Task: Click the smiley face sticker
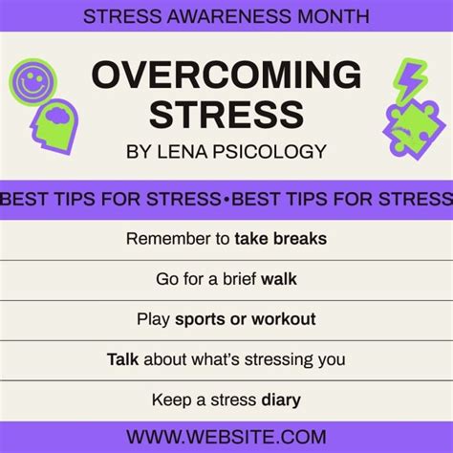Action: tap(32, 82)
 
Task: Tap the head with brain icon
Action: tap(54, 127)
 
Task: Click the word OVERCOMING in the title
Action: tap(226, 75)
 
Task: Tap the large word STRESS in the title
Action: tap(226, 115)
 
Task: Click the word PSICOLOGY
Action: tap(270, 151)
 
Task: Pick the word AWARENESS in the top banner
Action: tap(229, 16)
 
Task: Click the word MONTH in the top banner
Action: tap(334, 16)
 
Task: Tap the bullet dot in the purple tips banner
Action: tap(226, 199)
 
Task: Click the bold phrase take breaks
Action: tap(281, 239)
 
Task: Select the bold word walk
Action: tap(279, 279)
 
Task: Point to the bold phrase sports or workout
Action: tap(246, 319)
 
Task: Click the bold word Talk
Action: tap(122, 359)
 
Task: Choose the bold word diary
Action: tap(281, 400)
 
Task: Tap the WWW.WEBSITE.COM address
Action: tap(226, 437)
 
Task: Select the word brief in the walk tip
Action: tap(239, 279)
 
